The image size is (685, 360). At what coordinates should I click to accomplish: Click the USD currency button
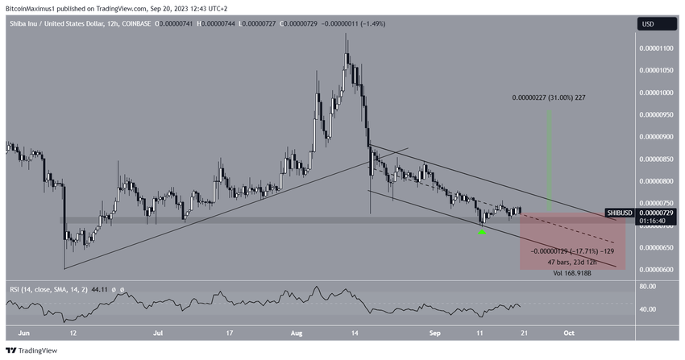click(x=647, y=24)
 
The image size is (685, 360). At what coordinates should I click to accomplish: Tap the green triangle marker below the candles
click(x=482, y=232)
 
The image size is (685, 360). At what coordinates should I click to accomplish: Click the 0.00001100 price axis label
click(x=656, y=48)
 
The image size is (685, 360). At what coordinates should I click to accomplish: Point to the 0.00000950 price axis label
click(x=656, y=114)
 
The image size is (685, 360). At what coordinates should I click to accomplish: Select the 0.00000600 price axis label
click(x=656, y=269)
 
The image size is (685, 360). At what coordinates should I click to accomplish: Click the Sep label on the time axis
click(x=435, y=331)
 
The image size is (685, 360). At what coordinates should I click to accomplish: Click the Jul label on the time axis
click(x=160, y=331)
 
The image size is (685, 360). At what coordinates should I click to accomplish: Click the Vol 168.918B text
click(x=574, y=273)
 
